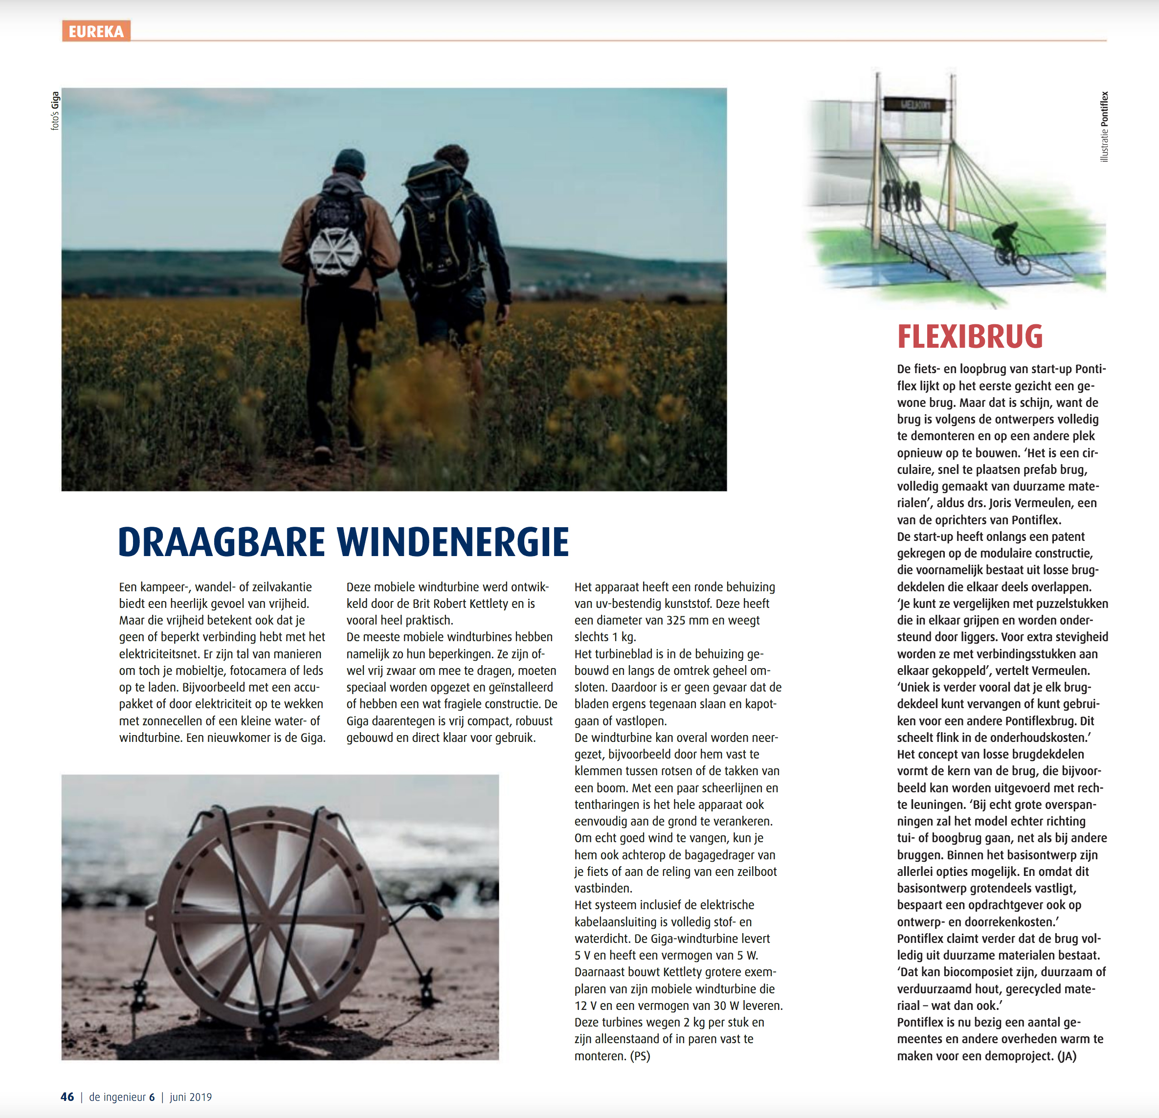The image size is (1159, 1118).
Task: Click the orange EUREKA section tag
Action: pos(96,31)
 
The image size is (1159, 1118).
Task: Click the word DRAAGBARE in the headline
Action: pos(222,542)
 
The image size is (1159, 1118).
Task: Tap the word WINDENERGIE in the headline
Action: pos(453,542)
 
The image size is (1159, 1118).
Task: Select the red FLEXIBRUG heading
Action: pos(970,336)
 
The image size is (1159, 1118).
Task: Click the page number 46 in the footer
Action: pos(67,1096)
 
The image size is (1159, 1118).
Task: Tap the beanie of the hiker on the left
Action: pos(350,160)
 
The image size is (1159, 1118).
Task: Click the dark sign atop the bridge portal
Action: pos(915,105)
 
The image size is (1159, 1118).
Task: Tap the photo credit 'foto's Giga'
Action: pos(55,111)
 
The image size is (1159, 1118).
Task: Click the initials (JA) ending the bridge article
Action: pos(1066,1056)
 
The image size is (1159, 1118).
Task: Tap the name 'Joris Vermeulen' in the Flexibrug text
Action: pos(1033,503)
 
